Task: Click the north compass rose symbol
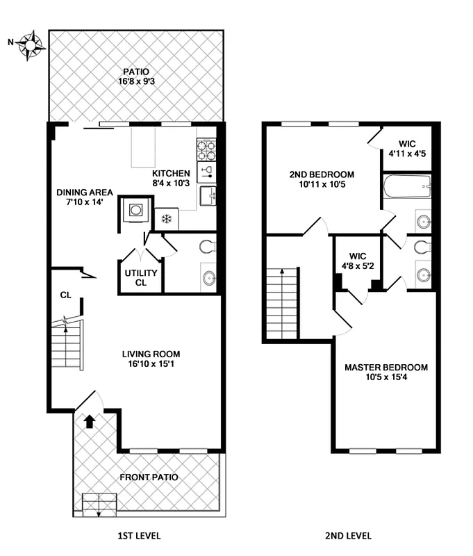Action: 31,44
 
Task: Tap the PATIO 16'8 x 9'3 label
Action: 136,76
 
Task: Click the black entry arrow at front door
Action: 89,420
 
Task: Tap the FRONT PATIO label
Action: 149,477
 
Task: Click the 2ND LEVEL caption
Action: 347,536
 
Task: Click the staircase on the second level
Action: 282,304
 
